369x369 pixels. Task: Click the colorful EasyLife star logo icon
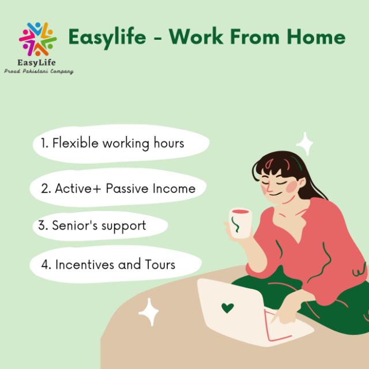(x=37, y=39)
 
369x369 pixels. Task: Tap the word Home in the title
(x=316, y=37)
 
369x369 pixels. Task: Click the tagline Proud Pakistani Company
(x=39, y=71)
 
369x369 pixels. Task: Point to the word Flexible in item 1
(x=76, y=142)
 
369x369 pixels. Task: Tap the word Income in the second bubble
(x=174, y=189)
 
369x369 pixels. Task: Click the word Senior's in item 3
(x=74, y=225)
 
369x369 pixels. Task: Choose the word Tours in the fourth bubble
(x=160, y=264)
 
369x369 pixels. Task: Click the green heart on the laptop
(x=228, y=308)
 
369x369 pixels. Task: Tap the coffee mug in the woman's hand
(x=240, y=223)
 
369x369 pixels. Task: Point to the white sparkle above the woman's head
(x=305, y=144)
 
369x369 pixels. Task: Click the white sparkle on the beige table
(x=149, y=312)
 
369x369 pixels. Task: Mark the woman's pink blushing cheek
(x=292, y=186)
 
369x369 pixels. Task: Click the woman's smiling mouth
(x=276, y=195)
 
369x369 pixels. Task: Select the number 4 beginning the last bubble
(x=45, y=265)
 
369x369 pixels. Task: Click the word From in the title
(x=255, y=37)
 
